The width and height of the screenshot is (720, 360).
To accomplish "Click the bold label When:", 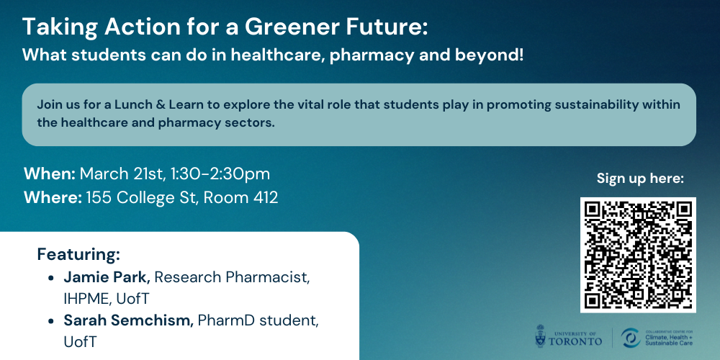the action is [x=50, y=174].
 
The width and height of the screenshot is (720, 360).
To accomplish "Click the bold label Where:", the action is [x=53, y=197].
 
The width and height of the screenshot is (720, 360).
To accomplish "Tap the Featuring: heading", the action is [x=78, y=254].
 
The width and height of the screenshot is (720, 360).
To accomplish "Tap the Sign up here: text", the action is [x=640, y=179].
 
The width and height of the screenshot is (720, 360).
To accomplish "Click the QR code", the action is [x=638, y=256].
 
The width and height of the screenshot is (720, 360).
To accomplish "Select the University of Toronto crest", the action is [x=541, y=336].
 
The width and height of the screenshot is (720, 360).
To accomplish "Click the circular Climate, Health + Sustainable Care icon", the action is [x=630, y=338].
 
